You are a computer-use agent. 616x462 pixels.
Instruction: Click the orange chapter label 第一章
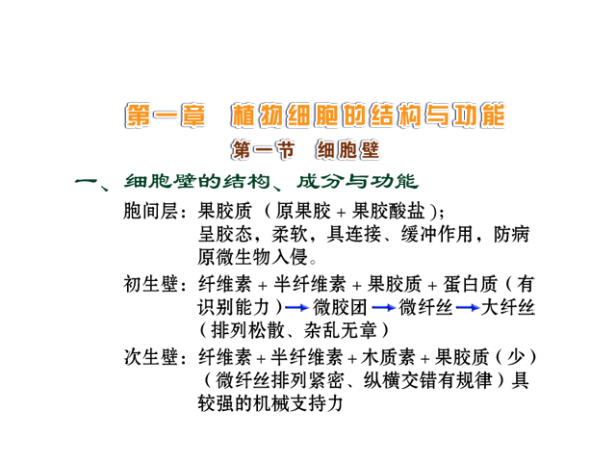click(x=166, y=115)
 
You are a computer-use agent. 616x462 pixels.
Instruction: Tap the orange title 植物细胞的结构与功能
click(x=368, y=115)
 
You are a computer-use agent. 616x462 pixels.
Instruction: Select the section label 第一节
click(x=263, y=150)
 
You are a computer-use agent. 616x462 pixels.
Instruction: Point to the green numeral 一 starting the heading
click(x=87, y=182)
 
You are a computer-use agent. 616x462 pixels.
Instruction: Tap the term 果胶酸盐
click(x=388, y=211)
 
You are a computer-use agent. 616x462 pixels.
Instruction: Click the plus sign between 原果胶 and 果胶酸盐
click(x=341, y=213)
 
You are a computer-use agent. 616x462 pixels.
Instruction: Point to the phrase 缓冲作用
click(x=437, y=234)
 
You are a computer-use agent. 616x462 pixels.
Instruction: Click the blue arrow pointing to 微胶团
click(x=297, y=307)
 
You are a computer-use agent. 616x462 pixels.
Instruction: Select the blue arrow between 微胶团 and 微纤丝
click(x=383, y=307)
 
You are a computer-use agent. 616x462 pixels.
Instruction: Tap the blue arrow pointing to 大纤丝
click(x=468, y=307)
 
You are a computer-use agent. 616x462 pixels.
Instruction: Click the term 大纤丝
click(x=507, y=307)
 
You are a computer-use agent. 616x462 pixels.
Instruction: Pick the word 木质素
click(x=388, y=357)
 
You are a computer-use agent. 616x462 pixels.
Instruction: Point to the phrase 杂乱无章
click(x=340, y=330)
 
